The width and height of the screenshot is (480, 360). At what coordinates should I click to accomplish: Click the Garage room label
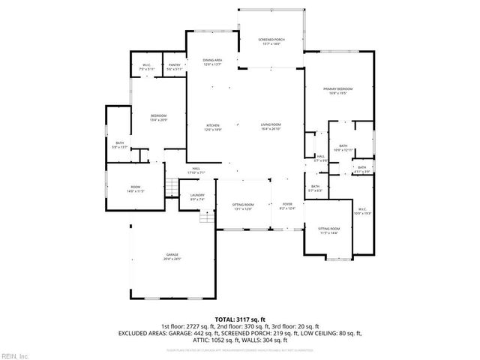pyautogui.click(x=173, y=256)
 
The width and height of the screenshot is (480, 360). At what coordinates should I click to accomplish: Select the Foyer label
pyautogui.click(x=287, y=205)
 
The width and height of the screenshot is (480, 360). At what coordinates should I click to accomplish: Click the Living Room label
pyautogui.click(x=271, y=127)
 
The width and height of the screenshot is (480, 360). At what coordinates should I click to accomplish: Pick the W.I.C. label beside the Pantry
pyautogui.click(x=148, y=66)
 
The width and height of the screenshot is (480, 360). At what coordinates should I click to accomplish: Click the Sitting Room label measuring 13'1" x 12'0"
pyautogui.click(x=243, y=206)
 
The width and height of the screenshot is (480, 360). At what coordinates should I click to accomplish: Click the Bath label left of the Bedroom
pyautogui.click(x=119, y=144)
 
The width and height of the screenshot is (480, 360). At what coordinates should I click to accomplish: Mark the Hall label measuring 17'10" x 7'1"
pyautogui.click(x=196, y=170)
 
